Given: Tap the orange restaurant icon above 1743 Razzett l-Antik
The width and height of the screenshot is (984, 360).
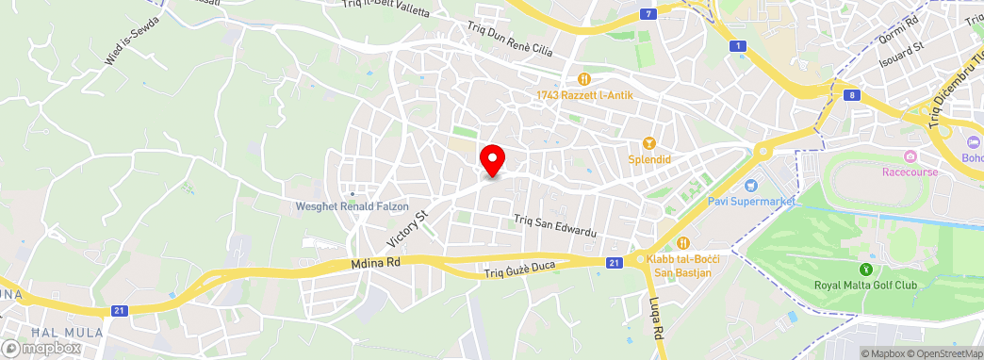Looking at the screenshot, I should point(583,79).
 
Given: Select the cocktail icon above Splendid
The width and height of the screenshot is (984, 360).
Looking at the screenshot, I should point(648,143).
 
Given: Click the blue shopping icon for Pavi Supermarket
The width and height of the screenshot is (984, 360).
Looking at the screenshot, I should point(751,184).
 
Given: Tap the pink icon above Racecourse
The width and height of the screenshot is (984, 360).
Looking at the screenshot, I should point(910,156).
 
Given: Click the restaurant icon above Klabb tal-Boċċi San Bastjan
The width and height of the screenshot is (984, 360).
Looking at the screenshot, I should point(684,243).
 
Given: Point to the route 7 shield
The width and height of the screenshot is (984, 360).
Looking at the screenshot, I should point(648,13).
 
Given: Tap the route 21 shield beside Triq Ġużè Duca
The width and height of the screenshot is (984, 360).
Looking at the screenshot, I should point(614,262).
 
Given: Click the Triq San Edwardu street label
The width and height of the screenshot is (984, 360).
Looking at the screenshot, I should point(555,225).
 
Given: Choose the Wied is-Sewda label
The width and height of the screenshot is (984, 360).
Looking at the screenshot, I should point(132,45).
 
